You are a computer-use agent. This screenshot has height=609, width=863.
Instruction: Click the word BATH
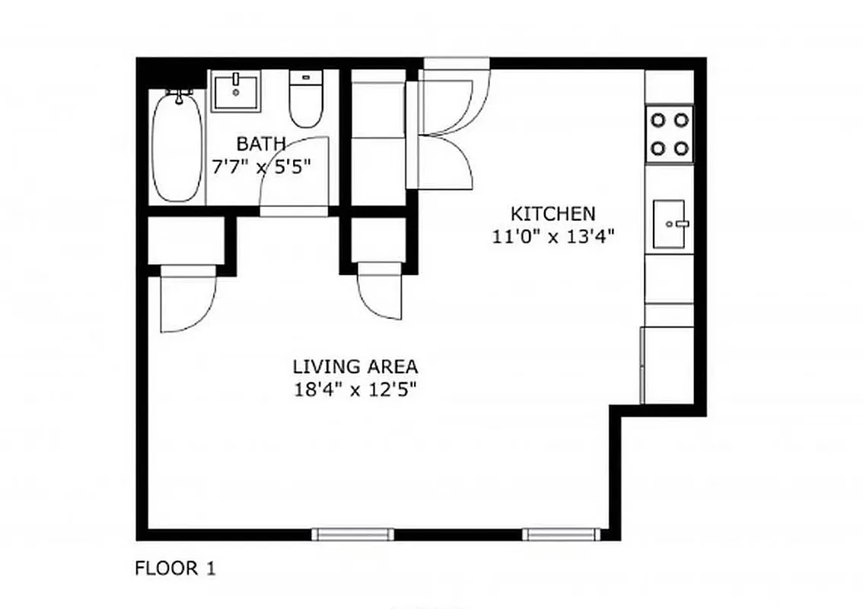coord(260,143)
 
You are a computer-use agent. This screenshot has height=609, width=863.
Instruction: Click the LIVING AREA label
coord(355,367)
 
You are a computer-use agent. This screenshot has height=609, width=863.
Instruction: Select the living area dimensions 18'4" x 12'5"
coord(355,391)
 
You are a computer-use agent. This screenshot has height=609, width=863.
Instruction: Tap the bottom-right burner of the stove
coord(681,148)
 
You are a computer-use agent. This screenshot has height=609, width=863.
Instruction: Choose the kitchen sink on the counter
coord(670,224)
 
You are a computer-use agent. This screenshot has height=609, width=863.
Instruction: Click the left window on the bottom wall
coord(353,534)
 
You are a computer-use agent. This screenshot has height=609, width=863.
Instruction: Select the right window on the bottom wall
coord(562,534)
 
